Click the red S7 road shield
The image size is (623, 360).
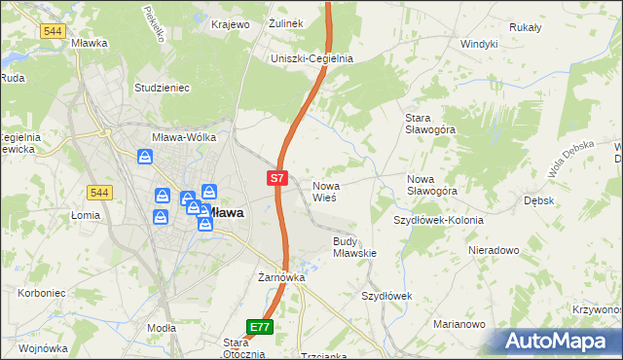[x=277, y=178]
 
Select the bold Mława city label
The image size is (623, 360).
[x=225, y=212]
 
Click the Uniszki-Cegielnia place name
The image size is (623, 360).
[x=311, y=58]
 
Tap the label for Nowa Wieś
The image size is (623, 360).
[x=324, y=191]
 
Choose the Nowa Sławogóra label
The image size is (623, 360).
[x=432, y=185]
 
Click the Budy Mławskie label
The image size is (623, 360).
[x=354, y=247]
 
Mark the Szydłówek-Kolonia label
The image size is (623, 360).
[x=438, y=220]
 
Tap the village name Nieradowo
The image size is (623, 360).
[x=494, y=250]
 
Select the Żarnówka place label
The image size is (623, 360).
[x=282, y=277]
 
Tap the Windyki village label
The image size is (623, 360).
[x=479, y=44]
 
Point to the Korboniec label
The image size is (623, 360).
[x=27, y=293]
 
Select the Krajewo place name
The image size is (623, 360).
[x=230, y=23]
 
